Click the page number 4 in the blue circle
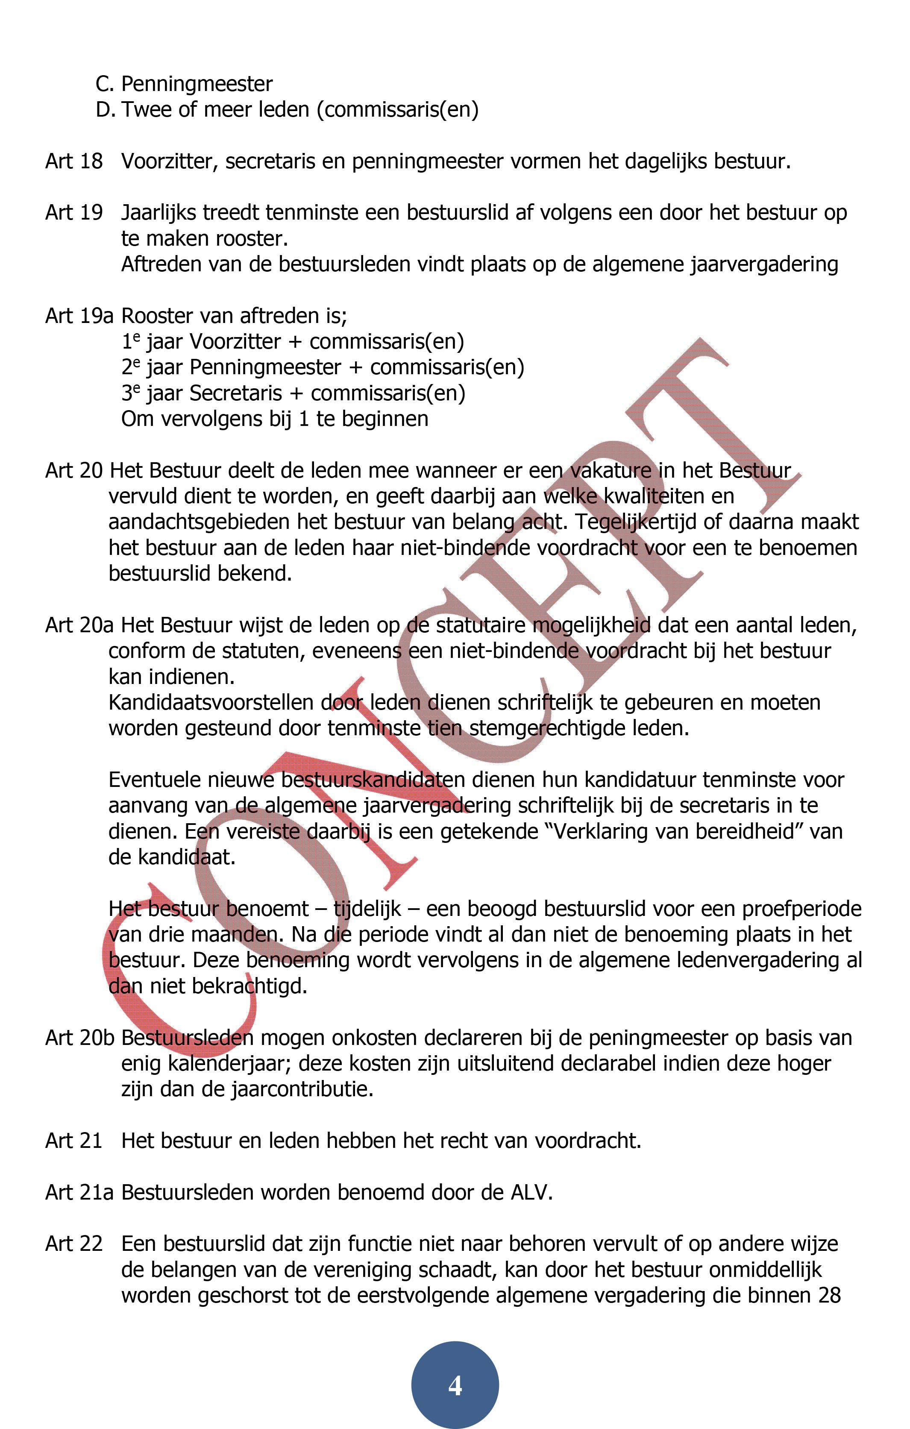click(x=455, y=1386)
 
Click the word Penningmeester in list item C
click(x=197, y=84)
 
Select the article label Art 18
click(x=73, y=161)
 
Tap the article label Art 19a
click(x=79, y=316)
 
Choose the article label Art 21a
click(x=79, y=1192)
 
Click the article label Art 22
click(x=73, y=1244)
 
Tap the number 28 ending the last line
click(x=829, y=1295)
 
